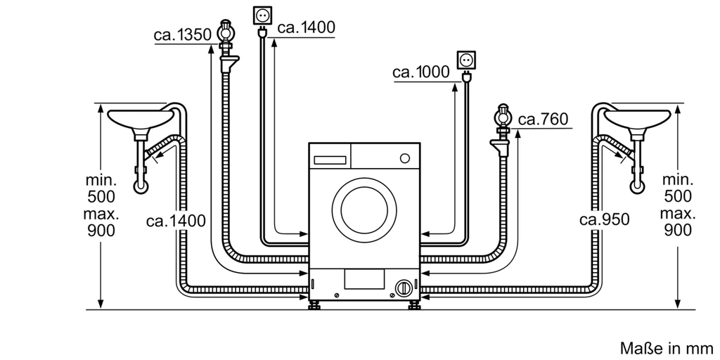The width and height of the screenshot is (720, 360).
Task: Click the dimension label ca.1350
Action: tap(182, 35)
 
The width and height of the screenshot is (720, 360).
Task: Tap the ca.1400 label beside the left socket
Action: tap(307, 27)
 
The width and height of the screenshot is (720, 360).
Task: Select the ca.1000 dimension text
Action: tap(421, 72)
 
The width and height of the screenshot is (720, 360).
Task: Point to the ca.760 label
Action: tap(544, 120)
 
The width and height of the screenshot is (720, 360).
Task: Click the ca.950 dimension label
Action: tap(604, 220)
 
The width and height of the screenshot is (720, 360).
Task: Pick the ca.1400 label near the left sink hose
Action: tap(176, 221)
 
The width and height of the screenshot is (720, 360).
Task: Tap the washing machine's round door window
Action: tap(364, 210)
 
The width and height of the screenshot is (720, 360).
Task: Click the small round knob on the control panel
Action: tap(404, 158)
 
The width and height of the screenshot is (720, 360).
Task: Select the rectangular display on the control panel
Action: tap(330, 160)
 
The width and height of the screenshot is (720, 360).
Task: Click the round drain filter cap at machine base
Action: tap(404, 288)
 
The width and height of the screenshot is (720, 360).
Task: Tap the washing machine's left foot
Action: tap(316, 305)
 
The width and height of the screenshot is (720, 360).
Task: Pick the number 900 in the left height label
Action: tap(101, 231)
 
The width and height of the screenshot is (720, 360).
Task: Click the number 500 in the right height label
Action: tap(678, 197)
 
